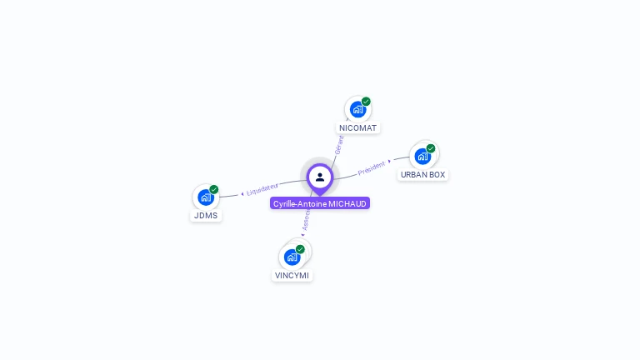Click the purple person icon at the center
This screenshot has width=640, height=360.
(x=320, y=177)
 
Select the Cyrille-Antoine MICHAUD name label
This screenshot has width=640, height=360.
(x=320, y=203)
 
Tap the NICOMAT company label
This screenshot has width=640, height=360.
(x=358, y=128)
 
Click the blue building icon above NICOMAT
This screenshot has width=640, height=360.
(x=357, y=109)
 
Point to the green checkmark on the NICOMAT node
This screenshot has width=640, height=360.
(x=366, y=102)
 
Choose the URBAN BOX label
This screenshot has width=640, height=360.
(x=422, y=175)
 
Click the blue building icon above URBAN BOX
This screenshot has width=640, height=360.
(x=422, y=156)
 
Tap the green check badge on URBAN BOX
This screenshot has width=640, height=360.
(x=431, y=148)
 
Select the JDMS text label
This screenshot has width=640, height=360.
(x=206, y=216)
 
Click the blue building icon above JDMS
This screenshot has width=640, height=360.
(x=205, y=197)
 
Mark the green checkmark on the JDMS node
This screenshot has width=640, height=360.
(x=214, y=189)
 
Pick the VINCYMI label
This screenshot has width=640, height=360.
(x=292, y=276)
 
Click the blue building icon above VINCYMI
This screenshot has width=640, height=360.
(x=292, y=257)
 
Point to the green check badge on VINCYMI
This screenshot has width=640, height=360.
(x=300, y=249)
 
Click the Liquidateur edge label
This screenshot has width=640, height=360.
(x=263, y=191)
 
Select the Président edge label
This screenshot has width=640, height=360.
(x=372, y=167)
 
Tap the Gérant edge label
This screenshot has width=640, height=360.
(x=339, y=144)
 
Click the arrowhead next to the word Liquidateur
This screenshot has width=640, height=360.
(x=242, y=193)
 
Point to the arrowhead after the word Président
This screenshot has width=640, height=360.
(x=390, y=161)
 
